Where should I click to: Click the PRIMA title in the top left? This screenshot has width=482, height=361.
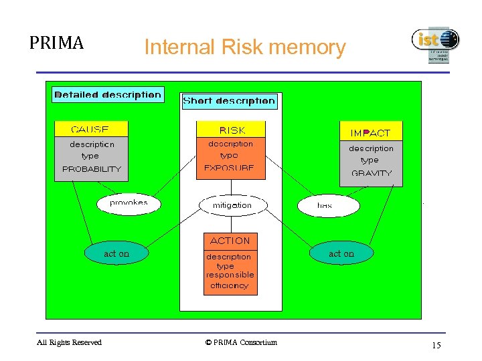click(56, 43)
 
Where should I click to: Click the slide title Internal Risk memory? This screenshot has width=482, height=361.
click(245, 47)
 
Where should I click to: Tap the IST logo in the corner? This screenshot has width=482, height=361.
click(435, 44)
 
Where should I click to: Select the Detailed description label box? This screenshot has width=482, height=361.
click(108, 94)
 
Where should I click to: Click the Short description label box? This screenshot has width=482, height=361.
click(229, 102)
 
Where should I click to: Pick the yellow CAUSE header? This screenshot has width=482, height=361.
click(90, 129)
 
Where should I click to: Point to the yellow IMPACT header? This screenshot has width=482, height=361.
click(370, 133)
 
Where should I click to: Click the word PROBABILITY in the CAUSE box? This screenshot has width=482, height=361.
click(91, 169)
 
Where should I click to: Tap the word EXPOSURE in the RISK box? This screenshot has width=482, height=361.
click(229, 168)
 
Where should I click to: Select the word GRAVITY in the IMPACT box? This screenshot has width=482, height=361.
click(371, 173)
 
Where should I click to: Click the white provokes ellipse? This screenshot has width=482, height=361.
click(129, 203)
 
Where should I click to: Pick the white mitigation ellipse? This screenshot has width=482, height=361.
click(232, 205)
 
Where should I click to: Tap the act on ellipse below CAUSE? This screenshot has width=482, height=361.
click(116, 254)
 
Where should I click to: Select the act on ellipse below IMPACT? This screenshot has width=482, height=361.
click(341, 254)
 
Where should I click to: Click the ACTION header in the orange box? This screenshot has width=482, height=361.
click(230, 241)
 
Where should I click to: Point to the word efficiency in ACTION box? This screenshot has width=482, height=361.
click(229, 285)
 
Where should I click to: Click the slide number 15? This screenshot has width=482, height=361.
click(436, 346)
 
